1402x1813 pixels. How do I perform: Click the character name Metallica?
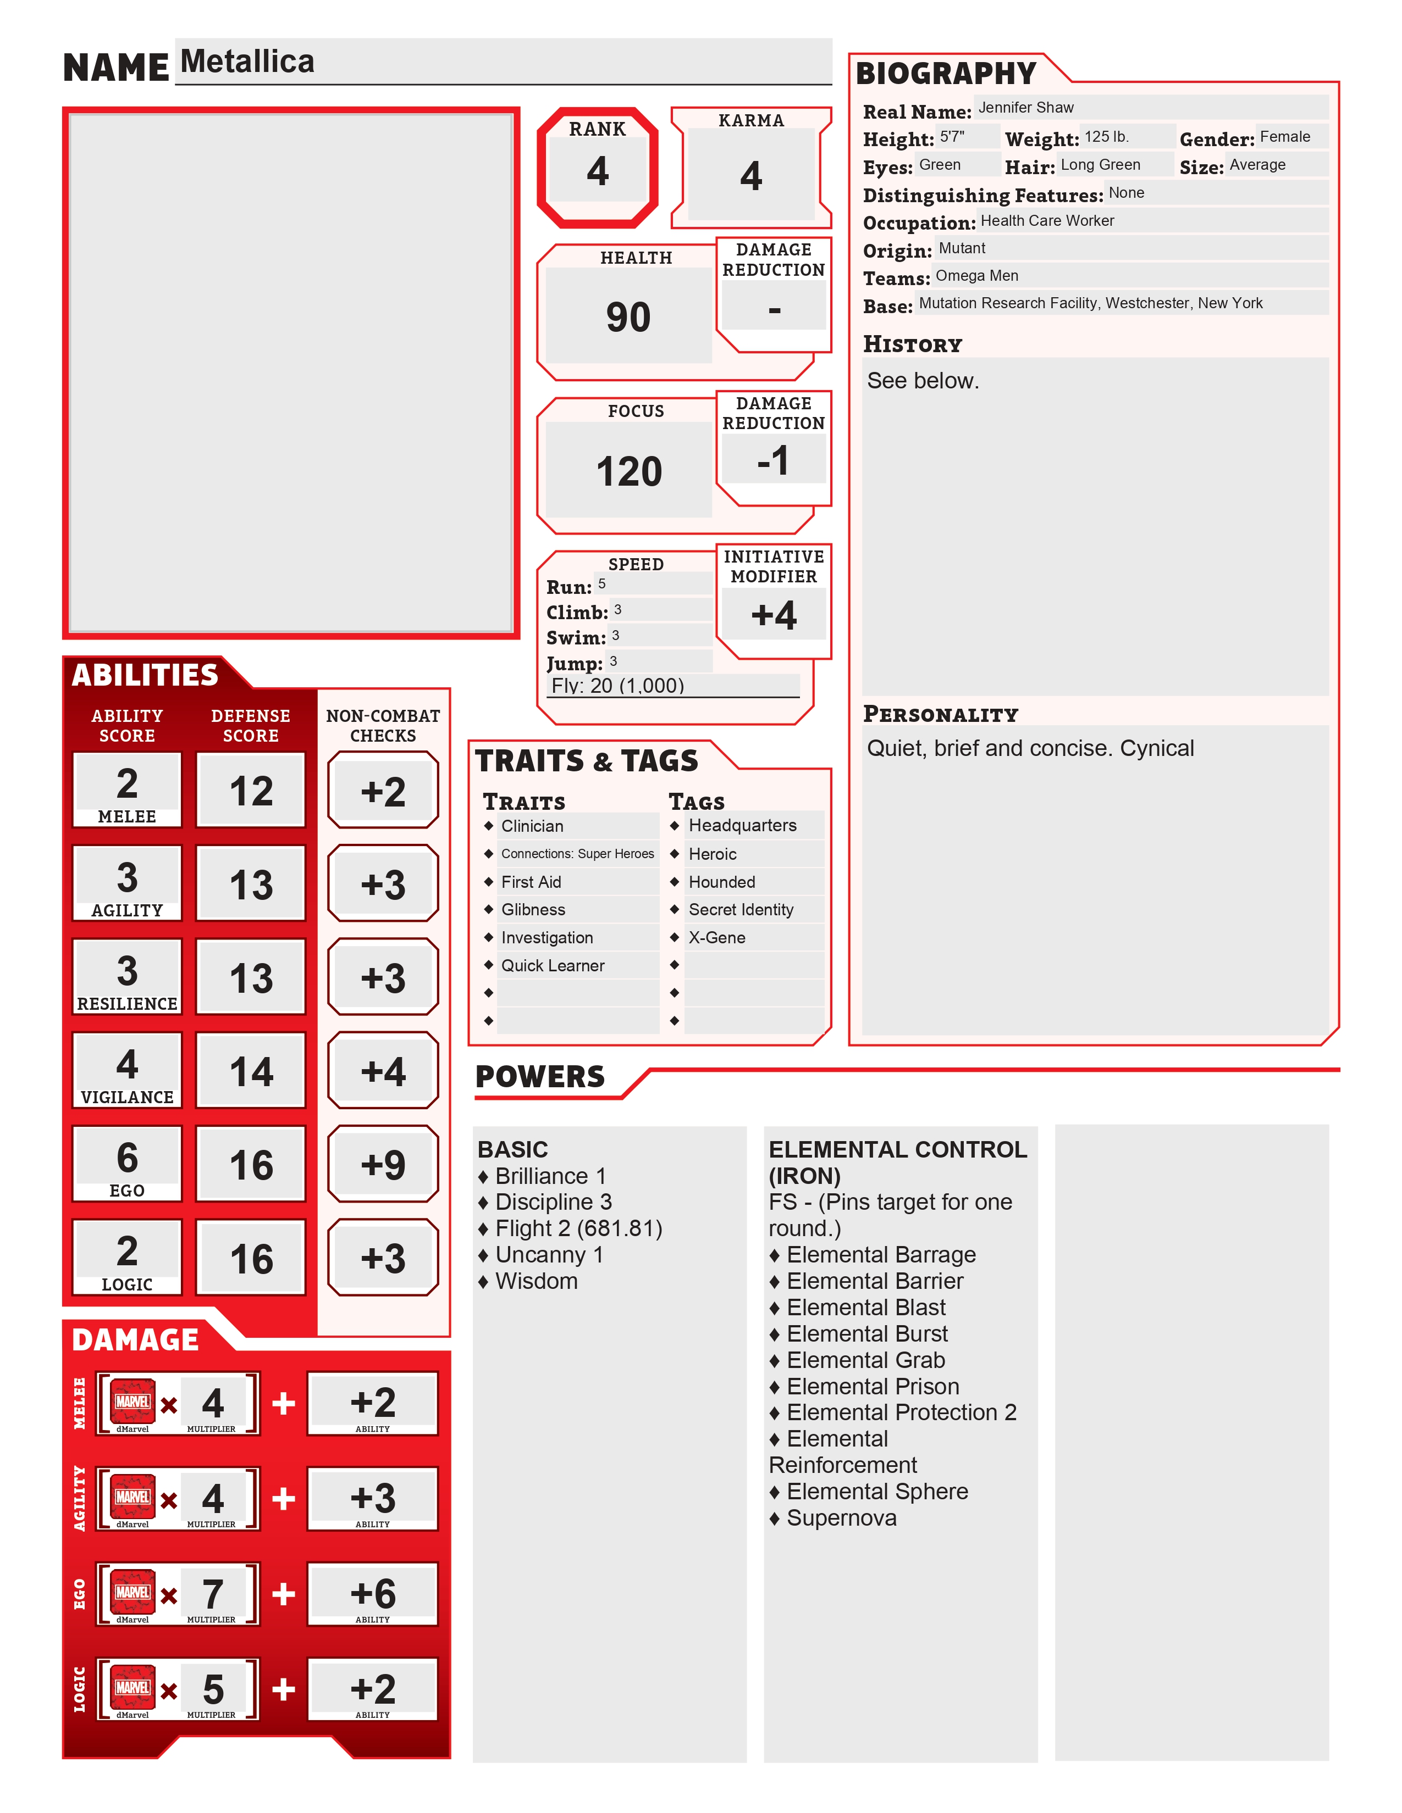(x=247, y=62)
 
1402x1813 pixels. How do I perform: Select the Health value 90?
(x=628, y=317)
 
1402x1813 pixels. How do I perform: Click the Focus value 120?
(x=629, y=471)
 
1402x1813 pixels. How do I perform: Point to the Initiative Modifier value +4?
(x=773, y=615)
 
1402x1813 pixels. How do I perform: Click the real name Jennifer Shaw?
(x=1026, y=108)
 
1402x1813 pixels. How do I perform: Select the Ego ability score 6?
(x=127, y=1157)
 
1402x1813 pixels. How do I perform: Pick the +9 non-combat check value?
(x=383, y=1165)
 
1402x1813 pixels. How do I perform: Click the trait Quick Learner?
(x=553, y=965)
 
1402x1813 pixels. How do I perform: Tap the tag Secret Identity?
(x=741, y=910)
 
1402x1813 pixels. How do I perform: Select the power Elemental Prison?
(x=872, y=1386)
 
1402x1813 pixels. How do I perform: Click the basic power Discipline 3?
(x=553, y=1202)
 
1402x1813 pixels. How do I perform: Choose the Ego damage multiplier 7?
(x=213, y=1594)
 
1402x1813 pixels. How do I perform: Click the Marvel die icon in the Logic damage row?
(x=133, y=1688)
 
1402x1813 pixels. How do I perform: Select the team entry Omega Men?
(x=977, y=276)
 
